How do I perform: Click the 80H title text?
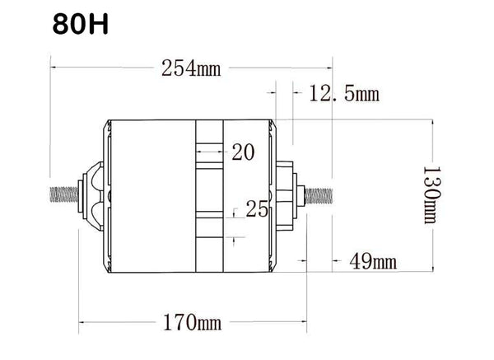click(81, 24)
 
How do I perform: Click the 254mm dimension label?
click(191, 68)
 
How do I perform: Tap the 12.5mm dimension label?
click(344, 93)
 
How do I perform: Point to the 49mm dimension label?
click(373, 261)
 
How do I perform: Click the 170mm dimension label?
click(192, 322)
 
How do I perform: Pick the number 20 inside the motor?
click(243, 152)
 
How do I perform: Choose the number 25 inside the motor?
click(257, 208)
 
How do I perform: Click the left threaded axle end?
click(64, 194)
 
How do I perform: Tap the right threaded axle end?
click(319, 196)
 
